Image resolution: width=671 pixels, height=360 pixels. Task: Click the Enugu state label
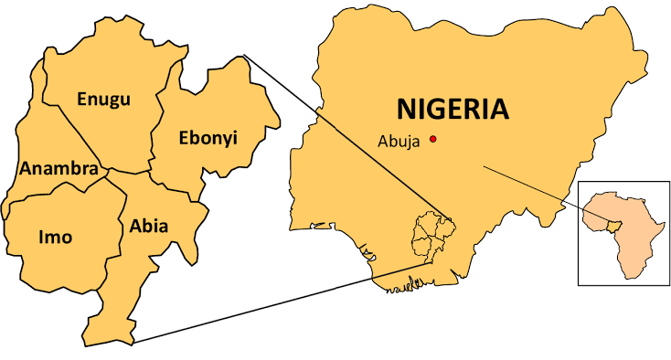pos(103,99)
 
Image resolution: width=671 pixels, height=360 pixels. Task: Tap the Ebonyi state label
pos(207,138)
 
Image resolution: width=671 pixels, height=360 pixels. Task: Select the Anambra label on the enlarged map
pos(58,169)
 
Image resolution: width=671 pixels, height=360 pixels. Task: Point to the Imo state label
pos(56,237)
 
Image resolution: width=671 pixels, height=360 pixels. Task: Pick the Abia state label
pos(148,225)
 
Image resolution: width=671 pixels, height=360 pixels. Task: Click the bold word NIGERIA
pos(453,110)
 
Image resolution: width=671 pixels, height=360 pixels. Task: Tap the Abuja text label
pos(399,142)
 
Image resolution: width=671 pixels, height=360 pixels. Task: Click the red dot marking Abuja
pos(433,139)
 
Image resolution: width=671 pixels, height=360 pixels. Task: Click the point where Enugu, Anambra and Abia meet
pos(109,170)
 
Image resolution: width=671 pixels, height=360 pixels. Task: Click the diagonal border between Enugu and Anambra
pos(82,137)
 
